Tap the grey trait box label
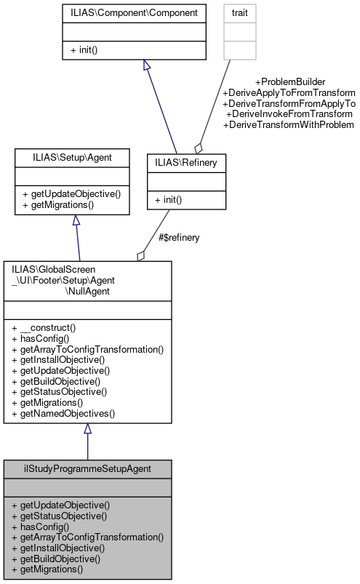click(239, 13)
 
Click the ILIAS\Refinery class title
click(186, 163)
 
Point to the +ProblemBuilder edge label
click(289, 82)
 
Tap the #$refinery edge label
click(179, 237)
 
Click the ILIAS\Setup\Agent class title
click(72, 156)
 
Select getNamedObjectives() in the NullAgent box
click(63, 413)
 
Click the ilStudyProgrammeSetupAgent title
click(87, 469)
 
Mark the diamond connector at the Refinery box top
click(199, 148)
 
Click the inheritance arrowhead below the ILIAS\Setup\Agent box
click(76, 220)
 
